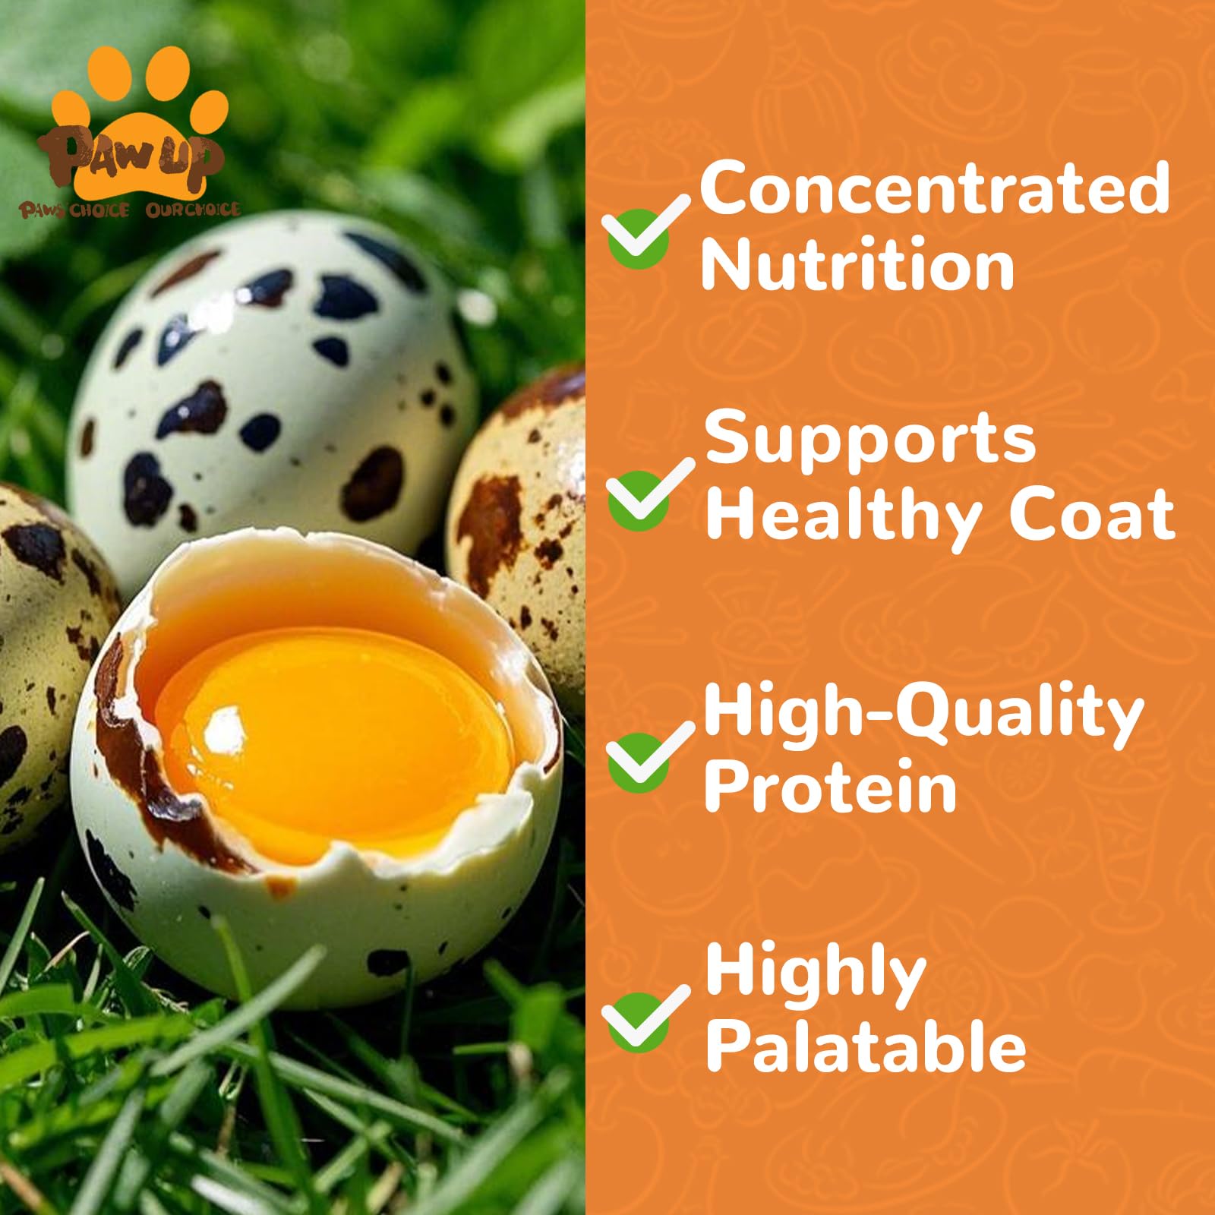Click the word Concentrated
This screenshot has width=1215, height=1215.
pos(934,188)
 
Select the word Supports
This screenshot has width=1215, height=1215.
pos(870,440)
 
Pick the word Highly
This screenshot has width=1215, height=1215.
pos(816,974)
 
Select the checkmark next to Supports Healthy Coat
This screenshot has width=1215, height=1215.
pos(645,494)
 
